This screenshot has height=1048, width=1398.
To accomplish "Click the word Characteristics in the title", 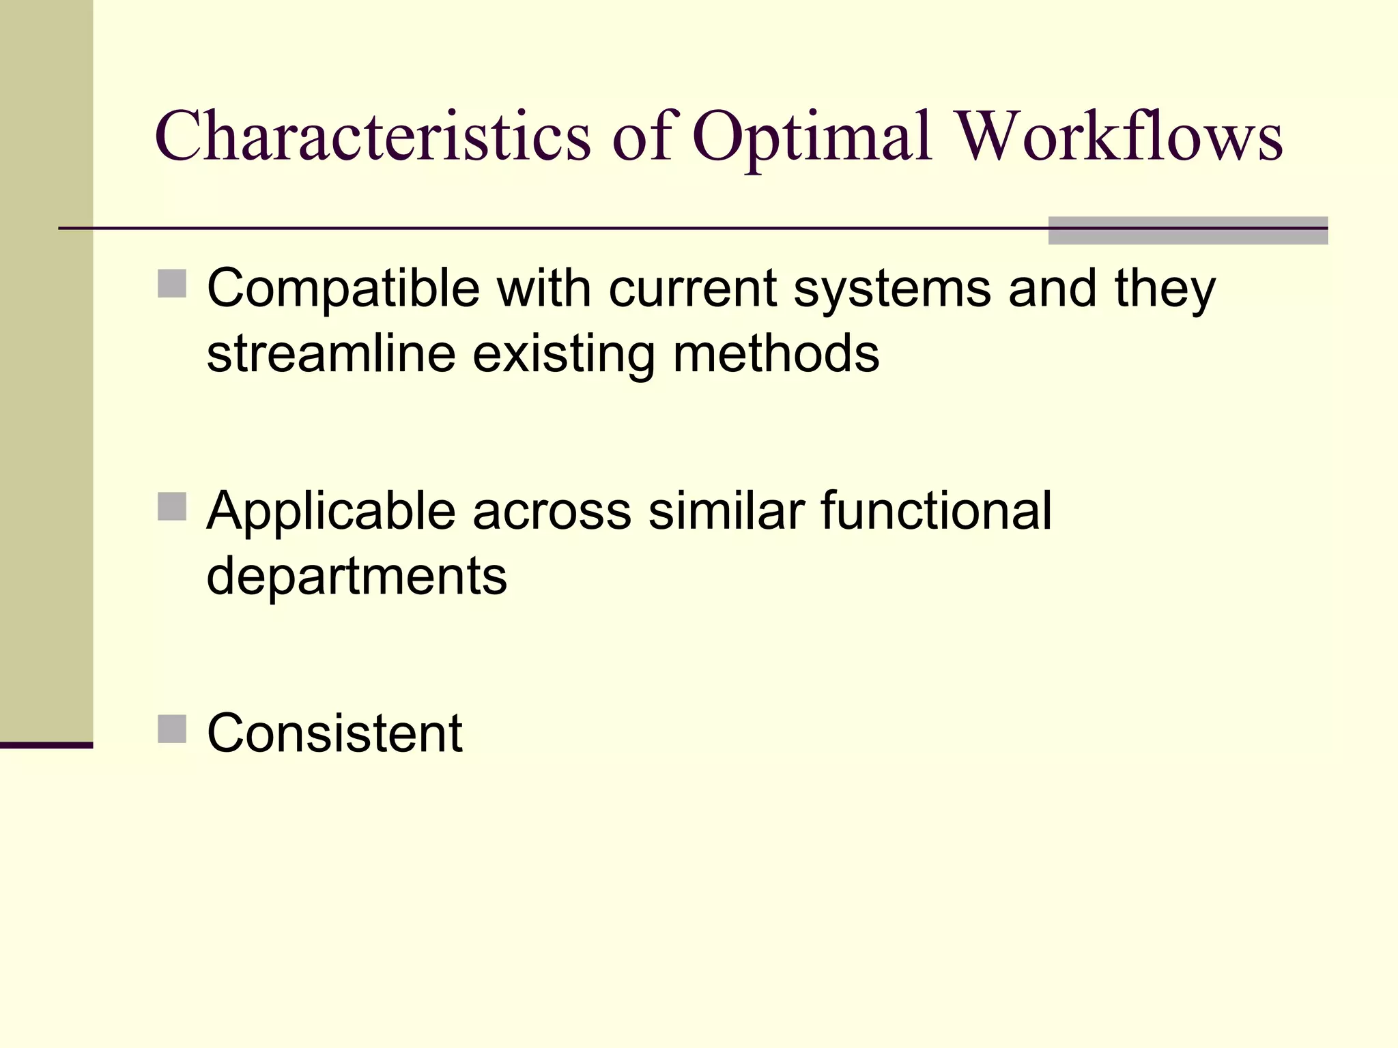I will [373, 136].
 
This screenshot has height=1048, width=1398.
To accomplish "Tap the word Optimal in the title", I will [812, 136].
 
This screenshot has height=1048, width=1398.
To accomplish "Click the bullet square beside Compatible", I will [172, 284].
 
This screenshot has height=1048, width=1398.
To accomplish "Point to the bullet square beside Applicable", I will [172, 507].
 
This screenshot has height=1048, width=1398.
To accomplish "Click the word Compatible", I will [343, 289].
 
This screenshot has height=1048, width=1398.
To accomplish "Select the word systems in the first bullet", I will [891, 289].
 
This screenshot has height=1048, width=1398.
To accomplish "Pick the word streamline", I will [331, 354].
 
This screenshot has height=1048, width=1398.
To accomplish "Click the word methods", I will [776, 354].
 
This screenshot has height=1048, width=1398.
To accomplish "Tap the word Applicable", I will [331, 511].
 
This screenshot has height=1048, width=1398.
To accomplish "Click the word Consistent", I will [334, 733].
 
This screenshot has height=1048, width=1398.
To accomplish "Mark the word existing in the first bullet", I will [564, 354].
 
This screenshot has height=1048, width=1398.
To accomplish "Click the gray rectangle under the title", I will [1188, 231].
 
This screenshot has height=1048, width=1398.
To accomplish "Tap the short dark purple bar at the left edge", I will [46, 745].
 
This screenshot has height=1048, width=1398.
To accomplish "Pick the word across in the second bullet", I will [552, 511].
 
